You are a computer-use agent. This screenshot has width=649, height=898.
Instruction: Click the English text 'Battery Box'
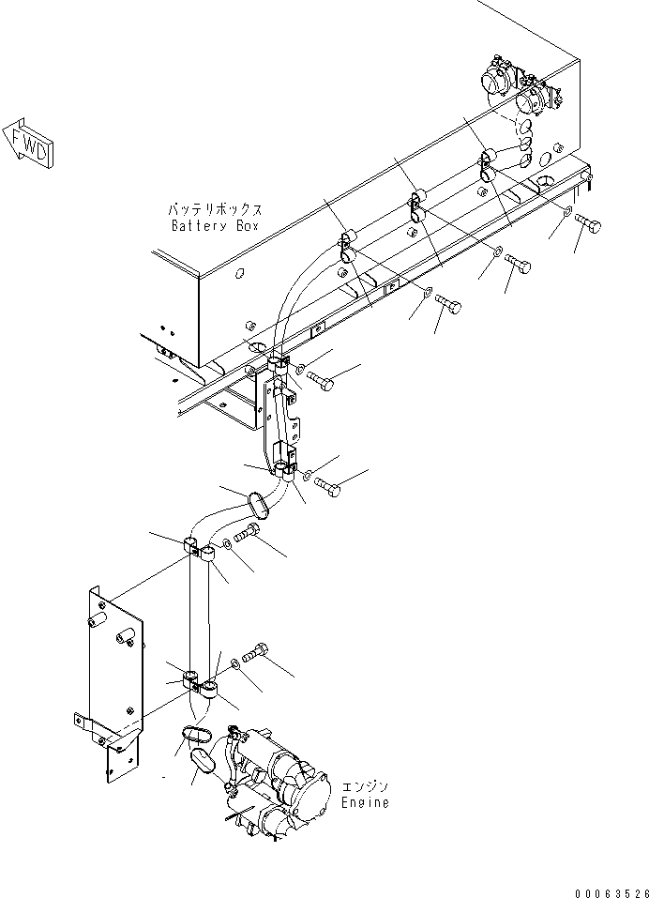214,226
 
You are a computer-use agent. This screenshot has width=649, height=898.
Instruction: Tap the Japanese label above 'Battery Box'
215,209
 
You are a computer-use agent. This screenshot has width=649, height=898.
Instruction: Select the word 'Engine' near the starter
364,803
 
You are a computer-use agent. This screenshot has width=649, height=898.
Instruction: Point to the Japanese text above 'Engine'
365,786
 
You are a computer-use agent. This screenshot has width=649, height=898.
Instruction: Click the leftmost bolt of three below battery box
449,306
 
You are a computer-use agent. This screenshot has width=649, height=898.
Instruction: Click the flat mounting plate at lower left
113,676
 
